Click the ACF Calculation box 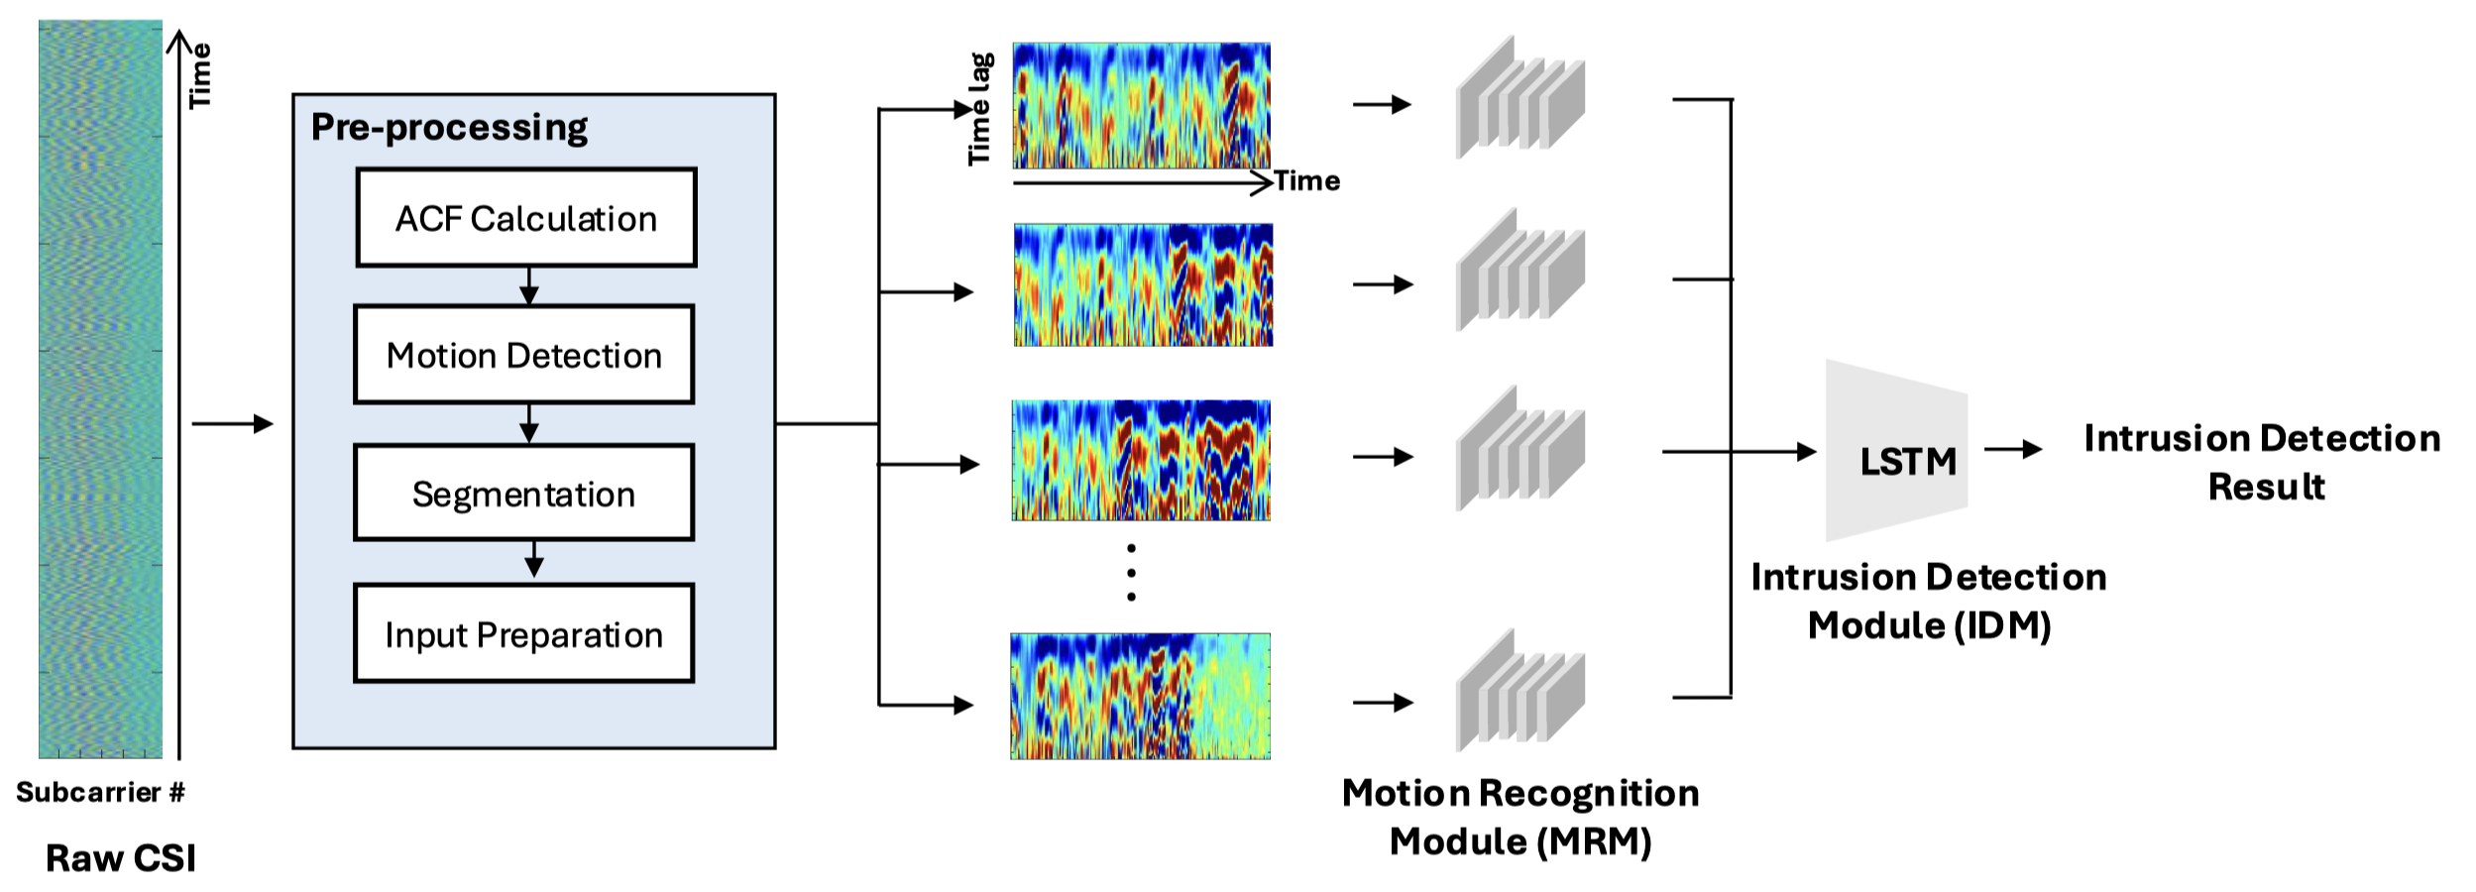pyautogui.click(x=526, y=218)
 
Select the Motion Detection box pyautogui.click(x=524, y=355)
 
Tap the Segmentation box pyautogui.click(x=524, y=494)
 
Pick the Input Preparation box pyautogui.click(x=524, y=634)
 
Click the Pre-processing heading pyautogui.click(x=449, y=128)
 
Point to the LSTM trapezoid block pyautogui.click(x=1896, y=452)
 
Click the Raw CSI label pyautogui.click(x=121, y=858)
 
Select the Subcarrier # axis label pyautogui.click(x=100, y=792)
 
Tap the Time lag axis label pyautogui.click(x=979, y=109)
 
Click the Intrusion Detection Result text pyautogui.click(x=2263, y=462)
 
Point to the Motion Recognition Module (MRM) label pyautogui.click(x=1520, y=817)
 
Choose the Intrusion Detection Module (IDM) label pyautogui.click(x=1929, y=601)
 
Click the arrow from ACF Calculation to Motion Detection pyautogui.click(x=529, y=285)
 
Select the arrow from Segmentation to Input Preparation pyautogui.click(x=534, y=560)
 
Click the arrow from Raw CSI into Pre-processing pyautogui.click(x=232, y=424)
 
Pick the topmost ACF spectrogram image pyautogui.click(x=1141, y=105)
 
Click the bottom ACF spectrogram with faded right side pyautogui.click(x=1140, y=696)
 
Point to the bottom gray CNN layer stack pyautogui.click(x=1519, y=691)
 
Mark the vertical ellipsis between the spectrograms pyautogui.click(x=1131, y=573)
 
